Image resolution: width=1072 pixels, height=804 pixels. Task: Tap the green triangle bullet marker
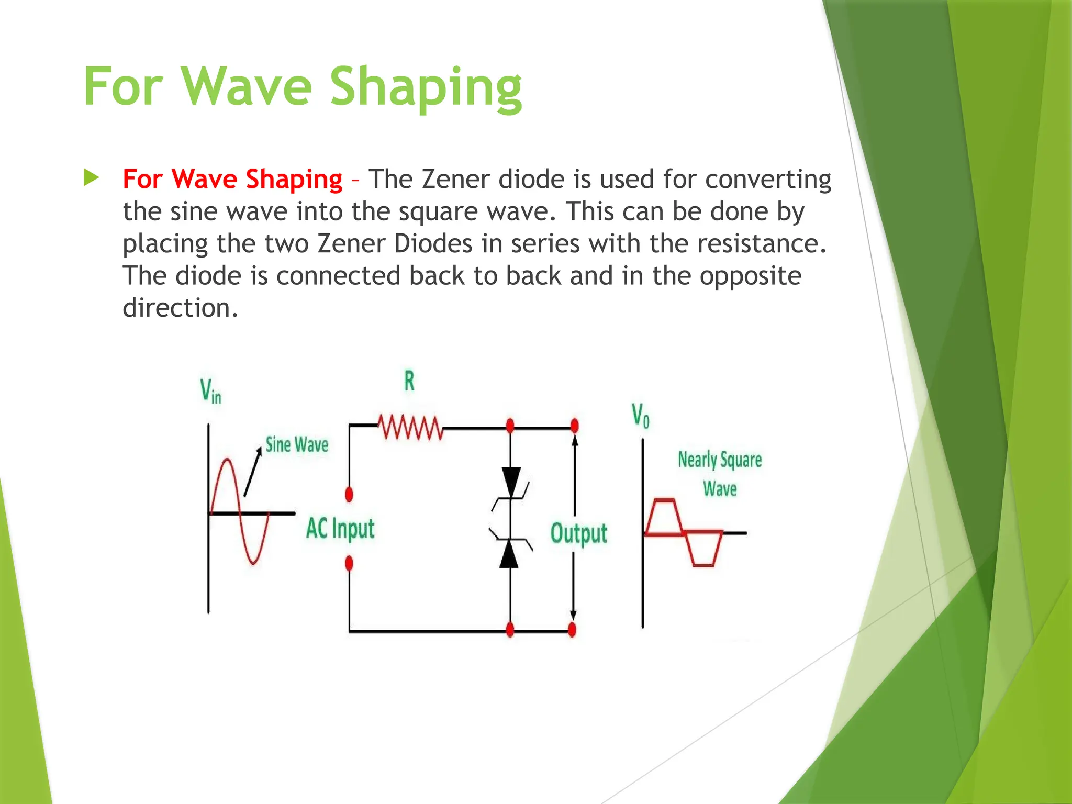pos(91,178)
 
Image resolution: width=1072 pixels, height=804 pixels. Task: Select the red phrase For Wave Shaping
pos(232,179)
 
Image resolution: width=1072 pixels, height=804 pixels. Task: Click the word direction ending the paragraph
pos(180,308)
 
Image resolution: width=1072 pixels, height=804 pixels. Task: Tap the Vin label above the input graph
pos(210,391)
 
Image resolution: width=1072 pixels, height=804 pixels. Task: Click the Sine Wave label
pos(296,445)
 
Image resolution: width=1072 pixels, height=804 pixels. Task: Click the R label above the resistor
pos(409,381)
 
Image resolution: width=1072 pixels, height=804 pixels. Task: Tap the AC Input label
pos(340,528)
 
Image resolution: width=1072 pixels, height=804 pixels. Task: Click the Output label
pos(578,533)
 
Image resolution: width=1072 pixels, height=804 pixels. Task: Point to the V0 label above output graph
pos(640,416)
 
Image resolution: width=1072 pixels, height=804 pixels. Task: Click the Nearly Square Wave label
pos(720,474)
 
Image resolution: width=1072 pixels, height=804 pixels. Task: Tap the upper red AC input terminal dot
pos(349,494)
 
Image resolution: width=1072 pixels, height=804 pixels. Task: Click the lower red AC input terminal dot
pos(349,563)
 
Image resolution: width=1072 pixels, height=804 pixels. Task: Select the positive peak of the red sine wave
pos(227,461)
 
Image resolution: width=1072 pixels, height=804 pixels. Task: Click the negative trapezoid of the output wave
pos(703,550)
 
